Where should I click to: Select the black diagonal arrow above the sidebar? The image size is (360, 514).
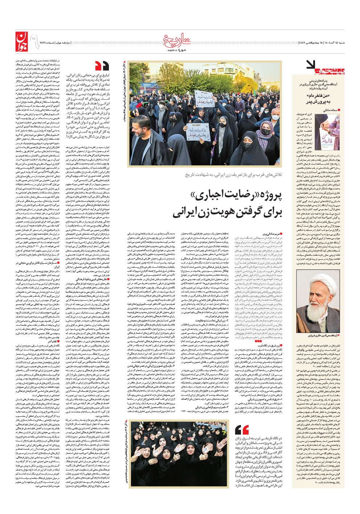(x=311, y=65)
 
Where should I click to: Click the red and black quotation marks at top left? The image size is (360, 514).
(x=102, y=66)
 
